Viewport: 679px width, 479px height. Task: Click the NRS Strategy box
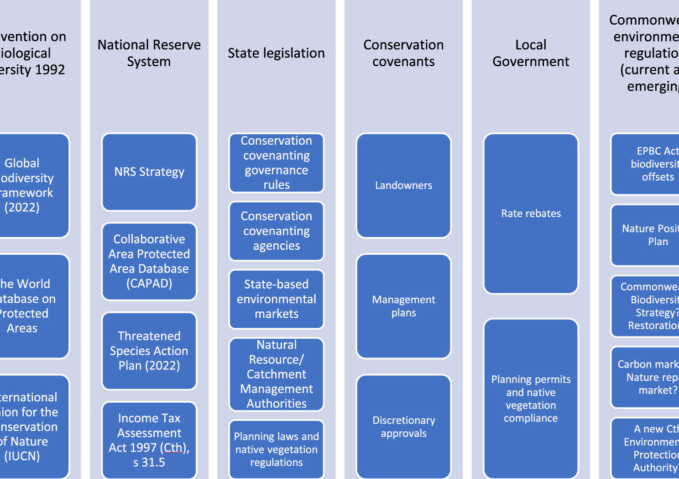[149, 172]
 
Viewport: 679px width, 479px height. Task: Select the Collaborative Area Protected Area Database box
[149, 261]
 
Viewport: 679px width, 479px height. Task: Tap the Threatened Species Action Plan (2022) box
[149, 351]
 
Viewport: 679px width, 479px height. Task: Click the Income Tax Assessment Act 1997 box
[149, 440]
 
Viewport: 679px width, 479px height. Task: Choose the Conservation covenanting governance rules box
[277, 163]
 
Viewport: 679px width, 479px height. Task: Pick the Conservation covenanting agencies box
[277, 231]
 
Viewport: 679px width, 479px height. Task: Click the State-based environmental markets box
[277, 299]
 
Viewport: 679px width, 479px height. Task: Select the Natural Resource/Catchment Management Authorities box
[277, 374]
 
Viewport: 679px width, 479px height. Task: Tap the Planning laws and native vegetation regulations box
[277, 449]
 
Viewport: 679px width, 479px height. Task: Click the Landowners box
[404, 185]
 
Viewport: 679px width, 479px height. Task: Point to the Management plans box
[404, 306]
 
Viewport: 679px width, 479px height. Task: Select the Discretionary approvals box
[404, 426]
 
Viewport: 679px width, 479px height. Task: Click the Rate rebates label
[531, 213]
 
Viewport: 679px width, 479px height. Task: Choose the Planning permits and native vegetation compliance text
[531, 399]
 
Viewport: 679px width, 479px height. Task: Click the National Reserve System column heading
[149, 53]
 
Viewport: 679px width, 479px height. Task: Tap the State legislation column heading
[277, 53]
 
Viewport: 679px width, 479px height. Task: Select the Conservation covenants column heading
[404, 53]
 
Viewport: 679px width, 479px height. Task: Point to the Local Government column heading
[531, 53]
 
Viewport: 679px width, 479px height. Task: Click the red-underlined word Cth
[173, 447]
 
